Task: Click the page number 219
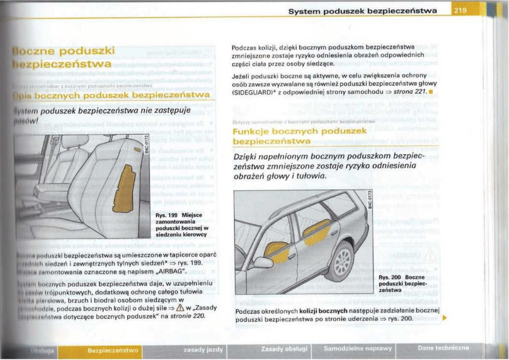pos(460,11)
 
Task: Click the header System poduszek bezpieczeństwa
pos(363,11)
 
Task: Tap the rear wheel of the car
pos(341,261)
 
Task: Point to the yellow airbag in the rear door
pos(317,233)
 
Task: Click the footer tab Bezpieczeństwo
pos(113,350)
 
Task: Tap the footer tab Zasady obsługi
pos(284,348)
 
